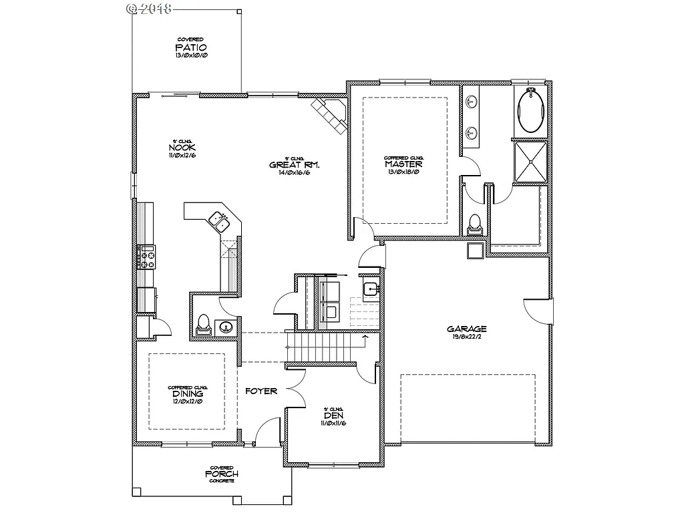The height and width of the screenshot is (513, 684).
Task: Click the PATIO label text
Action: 191,47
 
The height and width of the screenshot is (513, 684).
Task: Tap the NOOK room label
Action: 182,148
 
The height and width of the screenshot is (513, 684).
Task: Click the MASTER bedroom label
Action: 403,164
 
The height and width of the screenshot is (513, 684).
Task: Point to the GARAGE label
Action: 467,329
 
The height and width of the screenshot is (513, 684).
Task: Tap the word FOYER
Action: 261,391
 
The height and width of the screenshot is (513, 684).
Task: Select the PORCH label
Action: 222,474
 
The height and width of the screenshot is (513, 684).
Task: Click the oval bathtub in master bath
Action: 531,111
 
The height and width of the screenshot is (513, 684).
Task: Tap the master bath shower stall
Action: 531,161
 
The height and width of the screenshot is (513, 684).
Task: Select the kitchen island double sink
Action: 219,220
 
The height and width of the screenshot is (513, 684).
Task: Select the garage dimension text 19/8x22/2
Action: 467,337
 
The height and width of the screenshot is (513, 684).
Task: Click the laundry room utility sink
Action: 371,289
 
